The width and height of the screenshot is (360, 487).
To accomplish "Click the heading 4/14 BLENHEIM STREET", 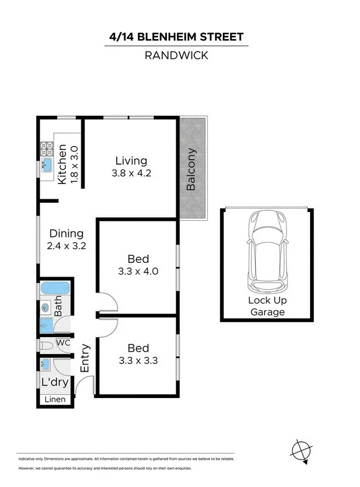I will click(176, 37).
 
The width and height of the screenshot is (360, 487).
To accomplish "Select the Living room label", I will click(131, 161).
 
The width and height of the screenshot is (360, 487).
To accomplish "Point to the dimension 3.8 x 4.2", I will click(131, 172).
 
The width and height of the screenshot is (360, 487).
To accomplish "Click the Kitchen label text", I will click(62, 164).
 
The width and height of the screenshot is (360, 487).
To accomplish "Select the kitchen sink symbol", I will click(47, 164).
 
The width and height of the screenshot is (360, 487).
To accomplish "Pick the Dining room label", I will click(66, 233).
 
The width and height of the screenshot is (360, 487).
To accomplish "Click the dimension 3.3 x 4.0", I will click(138, 271).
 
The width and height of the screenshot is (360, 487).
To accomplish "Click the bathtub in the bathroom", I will click(54, 288).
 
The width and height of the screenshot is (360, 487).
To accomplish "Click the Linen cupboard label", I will click(55, 400).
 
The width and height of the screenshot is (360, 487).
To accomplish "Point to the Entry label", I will click(85, 359).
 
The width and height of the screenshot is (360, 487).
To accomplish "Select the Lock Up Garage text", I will click(267, 306).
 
